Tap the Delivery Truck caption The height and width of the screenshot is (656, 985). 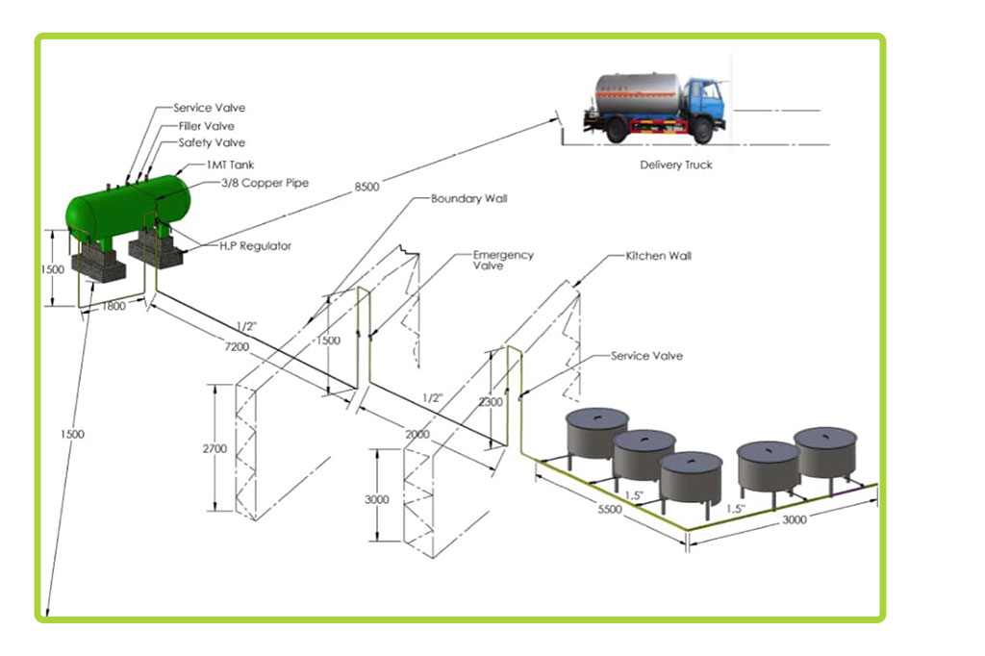point(676,164)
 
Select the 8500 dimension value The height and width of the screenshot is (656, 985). point(366,187)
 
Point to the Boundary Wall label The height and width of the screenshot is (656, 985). point(468,199)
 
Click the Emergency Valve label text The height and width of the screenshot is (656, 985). point(502,260)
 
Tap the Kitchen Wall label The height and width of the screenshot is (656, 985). point(658,257)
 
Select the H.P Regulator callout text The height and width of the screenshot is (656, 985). point(254,246)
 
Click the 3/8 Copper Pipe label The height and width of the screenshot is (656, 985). point(265,183)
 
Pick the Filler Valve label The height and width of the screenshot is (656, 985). point(206,126)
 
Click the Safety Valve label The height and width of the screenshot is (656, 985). point(212,143)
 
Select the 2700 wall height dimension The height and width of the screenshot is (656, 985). point(220,449)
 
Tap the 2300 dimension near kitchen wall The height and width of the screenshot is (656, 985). point(490,403)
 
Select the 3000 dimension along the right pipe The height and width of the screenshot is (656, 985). point(795,519)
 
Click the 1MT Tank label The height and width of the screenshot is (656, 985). point(230,165)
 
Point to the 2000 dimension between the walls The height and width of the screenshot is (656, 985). point(417,435)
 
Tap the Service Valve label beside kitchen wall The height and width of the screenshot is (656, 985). point(646,356)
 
